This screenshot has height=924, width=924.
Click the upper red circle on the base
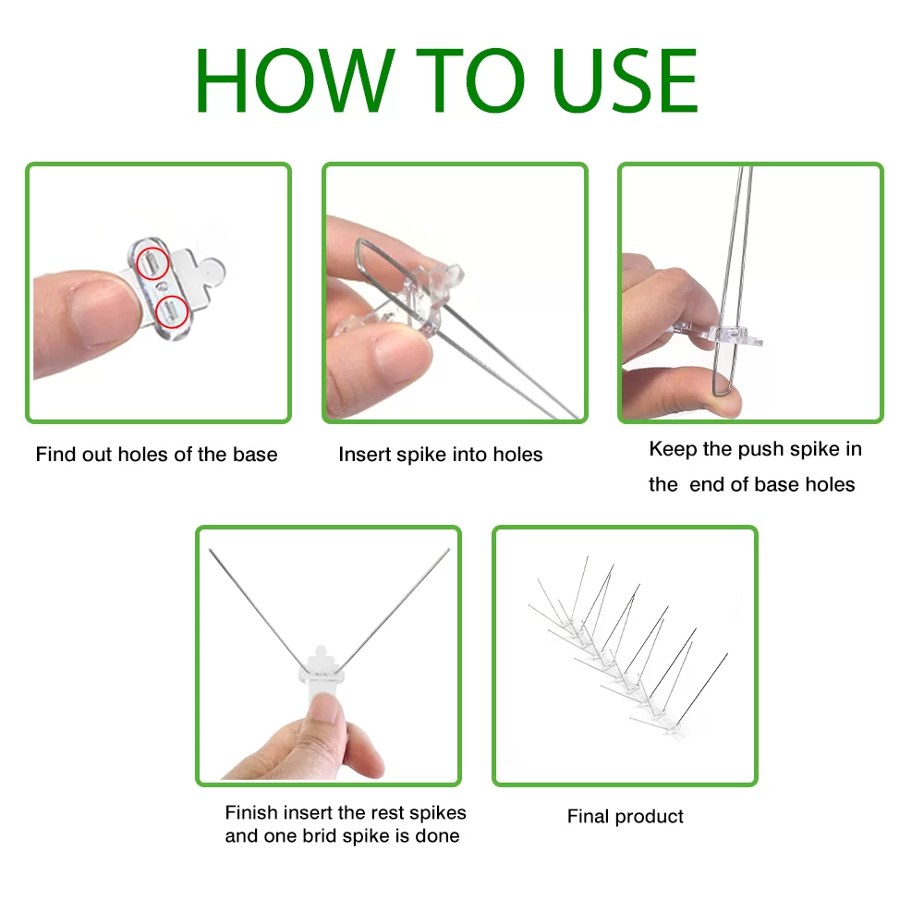(152, 263)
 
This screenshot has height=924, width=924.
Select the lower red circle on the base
(172, 311)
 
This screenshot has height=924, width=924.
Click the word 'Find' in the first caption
(56, 455)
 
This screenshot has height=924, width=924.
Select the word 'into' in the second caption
(469, 455)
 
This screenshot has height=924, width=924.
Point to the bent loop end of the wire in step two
(359, 253)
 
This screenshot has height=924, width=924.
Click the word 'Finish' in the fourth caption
(251, 812)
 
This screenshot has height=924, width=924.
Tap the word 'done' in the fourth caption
(437, 835)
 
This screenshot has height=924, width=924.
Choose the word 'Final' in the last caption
(588, 816)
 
